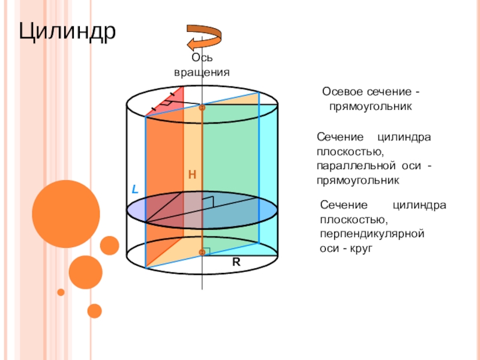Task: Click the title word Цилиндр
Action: (x=67, y=31)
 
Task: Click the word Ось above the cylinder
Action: (x=202, y=58)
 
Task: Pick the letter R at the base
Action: (x=237, y=262)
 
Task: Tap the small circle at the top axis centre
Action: (x=202, y=108)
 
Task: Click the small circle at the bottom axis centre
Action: (x=202, y=253)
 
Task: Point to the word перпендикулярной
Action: (x=373, y=233)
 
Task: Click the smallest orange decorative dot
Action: (x=61, y=292)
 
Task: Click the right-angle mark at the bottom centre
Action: (x=206, y=248)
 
